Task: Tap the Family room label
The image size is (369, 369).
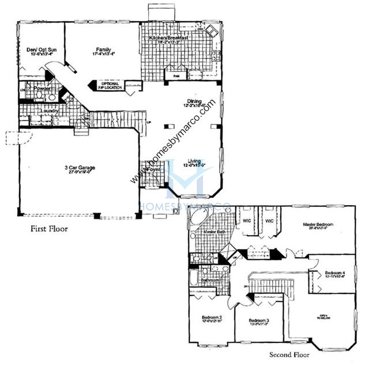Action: point(103,50)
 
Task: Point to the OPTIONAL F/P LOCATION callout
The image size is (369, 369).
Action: point(110,85)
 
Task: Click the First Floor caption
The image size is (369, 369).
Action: point(49,229)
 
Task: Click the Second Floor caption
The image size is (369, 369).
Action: point(288,356)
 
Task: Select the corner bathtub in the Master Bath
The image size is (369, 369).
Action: point(200,218)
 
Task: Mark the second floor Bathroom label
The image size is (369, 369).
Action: point(209,280)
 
